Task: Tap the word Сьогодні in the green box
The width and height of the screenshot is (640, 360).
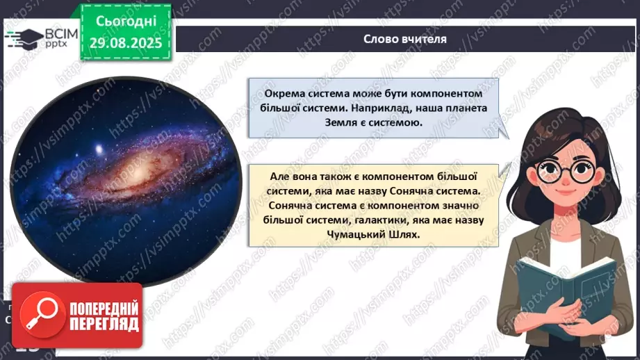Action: pos(126,21)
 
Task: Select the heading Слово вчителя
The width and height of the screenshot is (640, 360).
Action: pos(405,39)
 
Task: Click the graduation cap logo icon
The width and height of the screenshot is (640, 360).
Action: pos(24,39)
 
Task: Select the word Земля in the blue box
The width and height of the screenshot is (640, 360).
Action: pos(340,122)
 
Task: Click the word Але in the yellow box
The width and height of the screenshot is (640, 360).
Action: pos(279,177)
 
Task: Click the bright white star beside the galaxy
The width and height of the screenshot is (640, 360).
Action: pos(99,149)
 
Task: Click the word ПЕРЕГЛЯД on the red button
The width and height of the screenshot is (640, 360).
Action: pos(104,325)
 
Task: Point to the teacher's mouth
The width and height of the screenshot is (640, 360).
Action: pos(565,192)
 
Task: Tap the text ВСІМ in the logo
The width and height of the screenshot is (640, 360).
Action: pos(61,33)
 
